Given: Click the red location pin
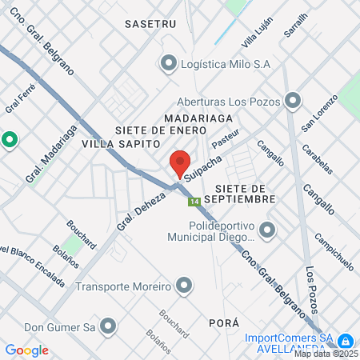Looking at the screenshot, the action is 180,164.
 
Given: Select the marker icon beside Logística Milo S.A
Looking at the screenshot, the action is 169,63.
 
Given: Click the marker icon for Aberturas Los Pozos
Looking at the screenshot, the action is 293,100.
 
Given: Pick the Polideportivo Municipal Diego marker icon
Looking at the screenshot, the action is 267,231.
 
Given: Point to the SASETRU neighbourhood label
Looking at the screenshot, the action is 150,25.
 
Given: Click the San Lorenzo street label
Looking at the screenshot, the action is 317,117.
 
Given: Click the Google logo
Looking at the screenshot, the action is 27,350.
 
